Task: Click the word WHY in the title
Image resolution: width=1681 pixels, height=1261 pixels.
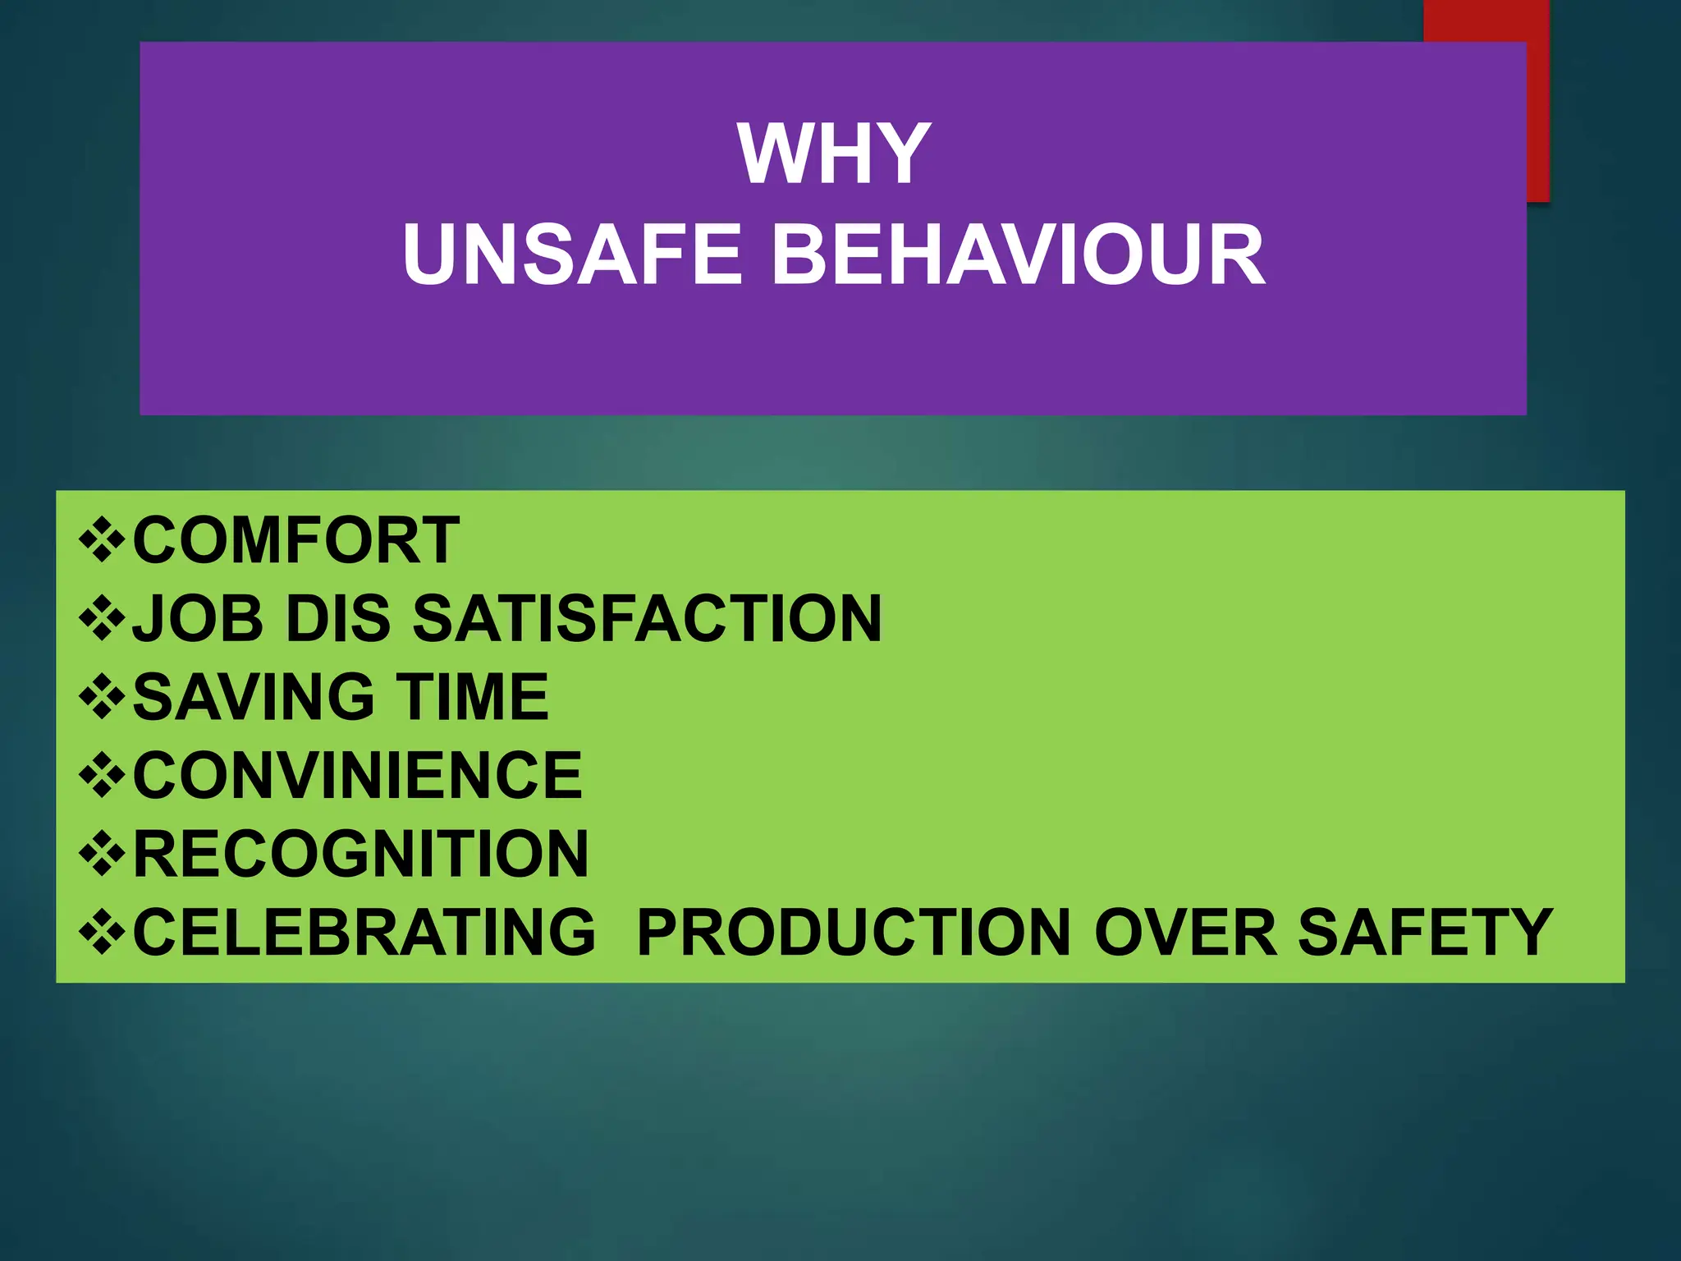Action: coord(834,154)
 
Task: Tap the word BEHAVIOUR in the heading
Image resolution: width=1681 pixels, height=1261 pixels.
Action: coord(1017,254)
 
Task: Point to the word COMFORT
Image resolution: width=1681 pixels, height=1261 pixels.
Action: coord(295,540)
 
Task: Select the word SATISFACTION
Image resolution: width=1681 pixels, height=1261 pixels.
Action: coord(647,618)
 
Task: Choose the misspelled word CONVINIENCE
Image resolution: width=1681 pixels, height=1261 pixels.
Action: coord(357,774)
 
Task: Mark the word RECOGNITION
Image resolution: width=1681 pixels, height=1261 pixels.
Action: coord(360,853)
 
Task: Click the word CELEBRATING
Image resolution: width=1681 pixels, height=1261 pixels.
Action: coord(364,932)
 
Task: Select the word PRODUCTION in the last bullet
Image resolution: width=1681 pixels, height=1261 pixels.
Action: coord(854,932)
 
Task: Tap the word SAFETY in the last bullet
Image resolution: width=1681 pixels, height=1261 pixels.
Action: coord(1425,932)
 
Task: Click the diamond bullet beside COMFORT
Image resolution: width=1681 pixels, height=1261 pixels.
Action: coord(102,540)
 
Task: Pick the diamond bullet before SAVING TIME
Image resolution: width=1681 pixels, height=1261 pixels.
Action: coord(102,697)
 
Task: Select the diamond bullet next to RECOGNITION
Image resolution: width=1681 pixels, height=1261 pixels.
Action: coord(102,854)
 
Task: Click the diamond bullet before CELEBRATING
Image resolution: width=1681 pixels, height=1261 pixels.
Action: coord(102,933)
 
